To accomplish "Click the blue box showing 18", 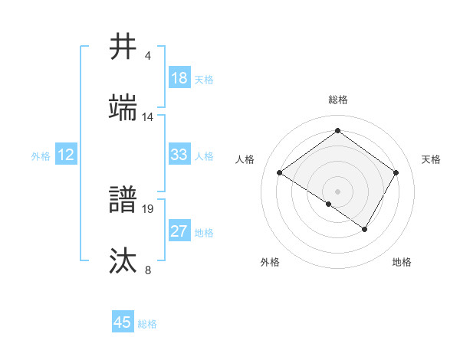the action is click(x=179, y=78).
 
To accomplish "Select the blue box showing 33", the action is click(x=179, y=155).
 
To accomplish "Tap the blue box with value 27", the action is click(x=179, y=232).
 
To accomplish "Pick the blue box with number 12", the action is click(x=66, y=155).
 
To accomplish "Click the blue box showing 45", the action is click(x=123, y=322).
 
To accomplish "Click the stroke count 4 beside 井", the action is click(x=148, y=56).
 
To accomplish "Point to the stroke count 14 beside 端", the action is click(x=148, y=117).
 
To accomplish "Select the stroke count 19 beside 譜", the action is click(x=149, y=208).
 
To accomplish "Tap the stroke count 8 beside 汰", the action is click(x=148, y=270).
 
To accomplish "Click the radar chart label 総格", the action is click(x=337, y=100).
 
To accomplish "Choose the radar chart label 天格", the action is click(x=431, y=159).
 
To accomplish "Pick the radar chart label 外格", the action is click(x=270, y=262).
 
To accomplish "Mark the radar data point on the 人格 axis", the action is click(x=280, y=173).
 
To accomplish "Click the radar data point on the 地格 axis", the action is click(x=365, y=229).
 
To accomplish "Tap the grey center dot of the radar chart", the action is click(x=337, y=191).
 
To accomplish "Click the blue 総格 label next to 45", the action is click(x=147, y=323).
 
